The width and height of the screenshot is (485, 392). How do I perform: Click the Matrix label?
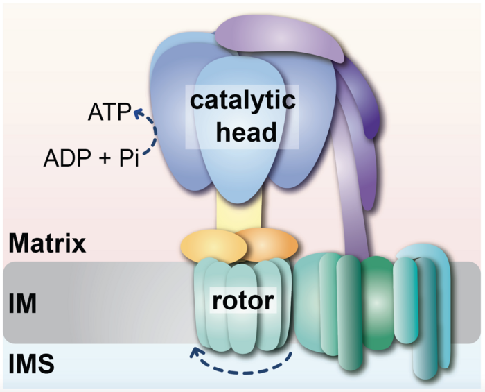tap(47, 244)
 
